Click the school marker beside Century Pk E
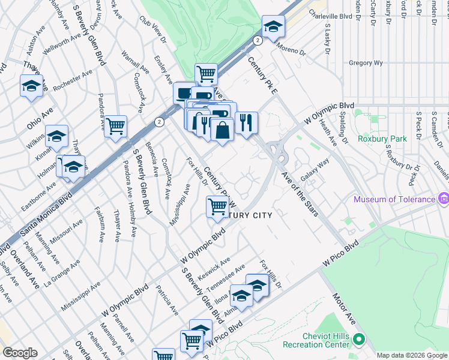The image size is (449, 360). click(273, 27)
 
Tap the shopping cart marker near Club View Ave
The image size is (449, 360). click(205, 74)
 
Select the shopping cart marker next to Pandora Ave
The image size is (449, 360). click(115, 126)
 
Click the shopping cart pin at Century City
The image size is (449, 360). click(217, 207)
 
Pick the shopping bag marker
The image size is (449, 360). click(222, 130)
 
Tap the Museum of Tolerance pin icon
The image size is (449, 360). click(443, 199)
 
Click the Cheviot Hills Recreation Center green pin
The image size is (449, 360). click(359, 340)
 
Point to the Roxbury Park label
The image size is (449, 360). click(382, 139)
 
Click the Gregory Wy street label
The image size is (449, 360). click(366, 63)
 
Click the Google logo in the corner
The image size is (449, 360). click(20, 353)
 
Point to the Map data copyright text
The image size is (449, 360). click(412, 355)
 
